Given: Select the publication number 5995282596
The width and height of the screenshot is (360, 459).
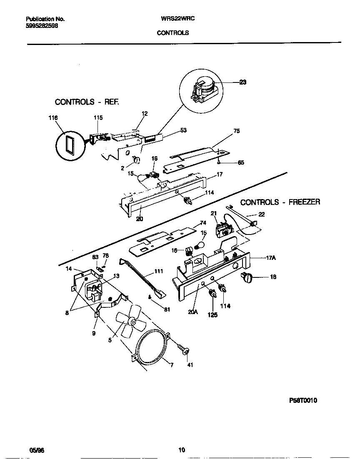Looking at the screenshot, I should point(42,25).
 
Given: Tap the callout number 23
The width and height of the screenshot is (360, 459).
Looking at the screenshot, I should point(242,82).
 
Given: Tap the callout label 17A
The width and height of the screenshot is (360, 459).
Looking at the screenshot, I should point(272,258).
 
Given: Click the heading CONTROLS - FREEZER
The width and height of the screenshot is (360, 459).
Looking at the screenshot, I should point(280,202).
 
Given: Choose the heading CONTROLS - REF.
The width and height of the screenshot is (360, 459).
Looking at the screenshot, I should point(87,102).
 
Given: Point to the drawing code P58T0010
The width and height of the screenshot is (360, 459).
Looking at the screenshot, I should point(303,400).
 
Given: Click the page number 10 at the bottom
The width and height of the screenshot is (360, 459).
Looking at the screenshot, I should point(181,450).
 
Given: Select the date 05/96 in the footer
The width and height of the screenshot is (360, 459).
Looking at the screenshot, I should point(37,450).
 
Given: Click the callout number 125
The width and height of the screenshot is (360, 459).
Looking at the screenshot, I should point(213,315).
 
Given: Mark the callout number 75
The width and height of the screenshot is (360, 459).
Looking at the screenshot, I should point(236,131).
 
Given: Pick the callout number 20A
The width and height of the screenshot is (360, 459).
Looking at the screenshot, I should point(192,310).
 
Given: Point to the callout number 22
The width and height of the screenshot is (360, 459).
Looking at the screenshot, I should point(261,214).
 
